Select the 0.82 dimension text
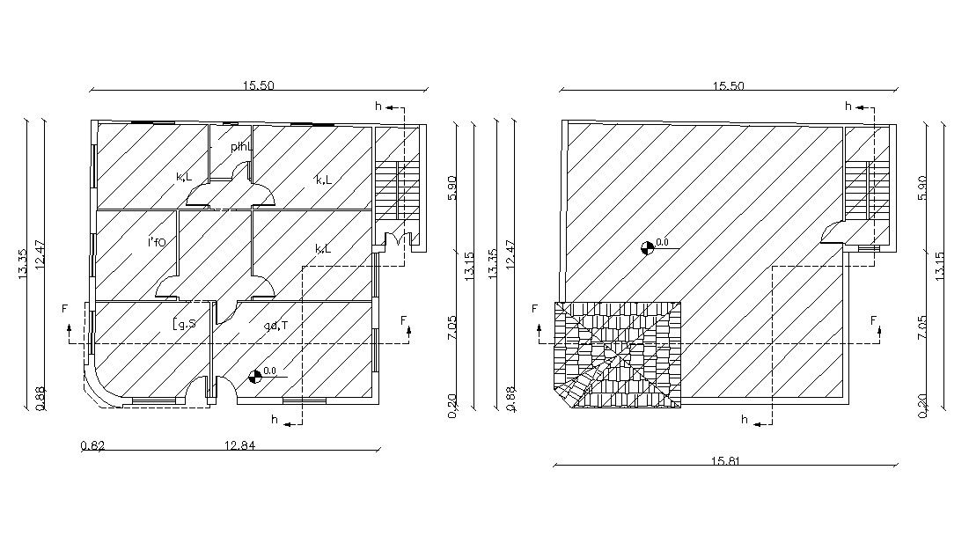tap(92, 444)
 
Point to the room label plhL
tap(241, 146)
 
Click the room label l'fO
tap(157, 241)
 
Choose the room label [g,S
tap(184, 325)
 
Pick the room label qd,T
tap(275, 326)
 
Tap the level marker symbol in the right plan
tap(648, 247)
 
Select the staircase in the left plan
tap(397, 189)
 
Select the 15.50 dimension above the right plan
tap(727, 86)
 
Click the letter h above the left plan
tap(378, 106)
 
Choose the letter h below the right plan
tap(745, 420)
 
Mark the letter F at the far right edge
tap(875, 320)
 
